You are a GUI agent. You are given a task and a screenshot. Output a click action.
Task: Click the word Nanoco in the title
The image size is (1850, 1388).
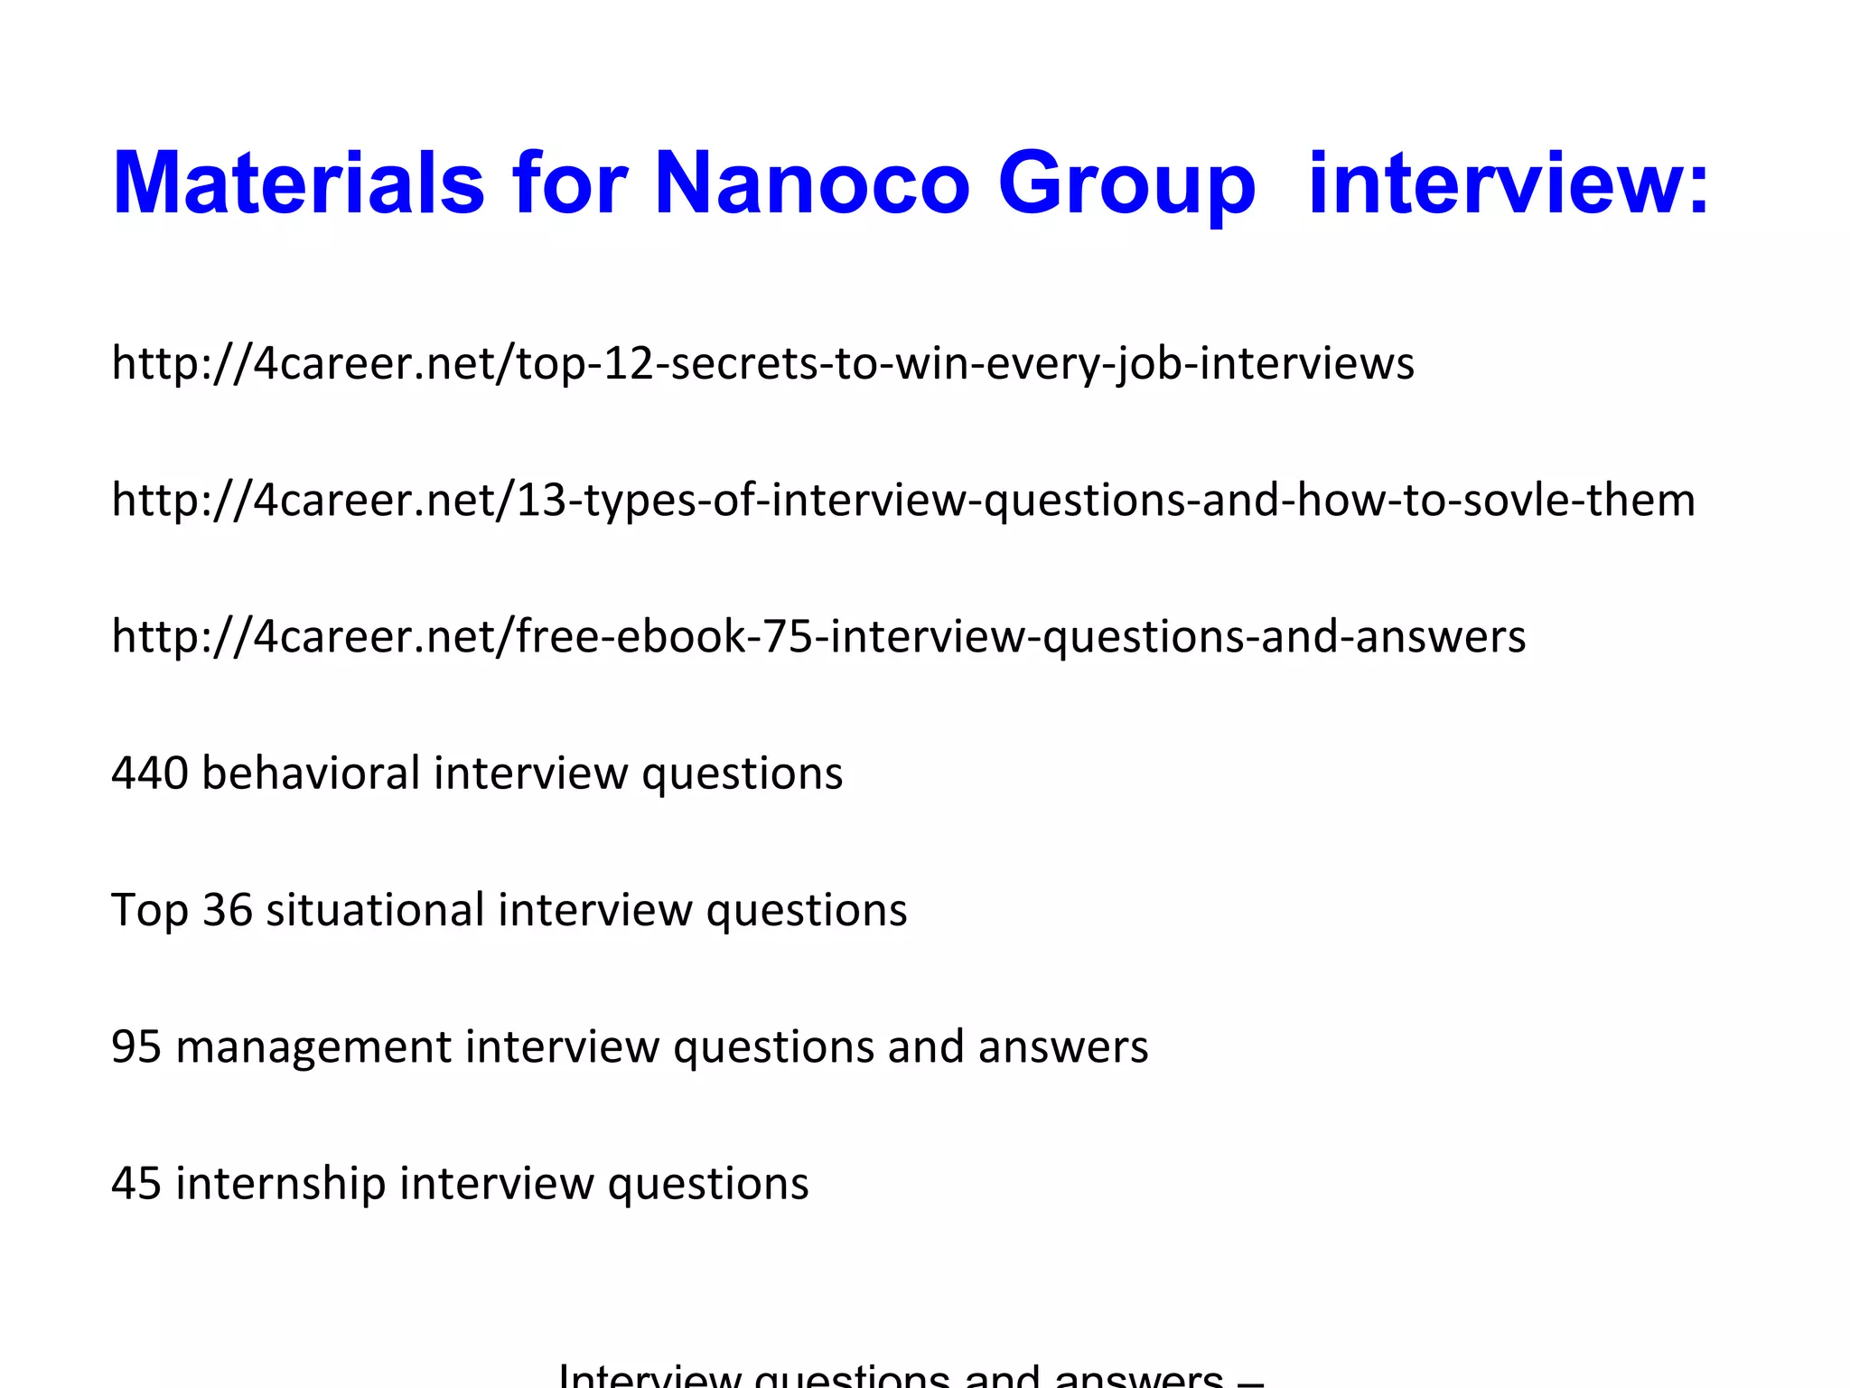coord(811,183)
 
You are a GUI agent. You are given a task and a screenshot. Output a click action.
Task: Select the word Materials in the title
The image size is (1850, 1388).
coord(298,183)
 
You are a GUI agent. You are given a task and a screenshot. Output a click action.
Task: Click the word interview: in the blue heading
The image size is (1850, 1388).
coord(1509,183)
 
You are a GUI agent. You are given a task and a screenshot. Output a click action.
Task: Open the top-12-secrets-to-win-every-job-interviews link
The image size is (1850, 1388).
coord(762,363)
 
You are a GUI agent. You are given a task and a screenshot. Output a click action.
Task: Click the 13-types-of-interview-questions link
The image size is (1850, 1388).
coord(903,500)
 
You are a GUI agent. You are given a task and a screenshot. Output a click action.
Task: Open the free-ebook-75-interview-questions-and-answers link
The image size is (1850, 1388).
coord(818,636)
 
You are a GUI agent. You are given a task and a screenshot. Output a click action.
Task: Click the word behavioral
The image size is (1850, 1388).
coord(311,774)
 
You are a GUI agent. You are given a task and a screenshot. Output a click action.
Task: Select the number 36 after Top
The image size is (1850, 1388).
coord(227,910)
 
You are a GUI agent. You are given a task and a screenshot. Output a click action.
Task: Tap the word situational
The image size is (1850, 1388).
coord(375,910)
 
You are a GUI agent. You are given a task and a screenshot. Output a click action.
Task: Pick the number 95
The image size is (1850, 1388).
coord(136,1046)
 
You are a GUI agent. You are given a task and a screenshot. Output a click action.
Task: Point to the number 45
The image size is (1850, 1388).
coord(136,1183)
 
